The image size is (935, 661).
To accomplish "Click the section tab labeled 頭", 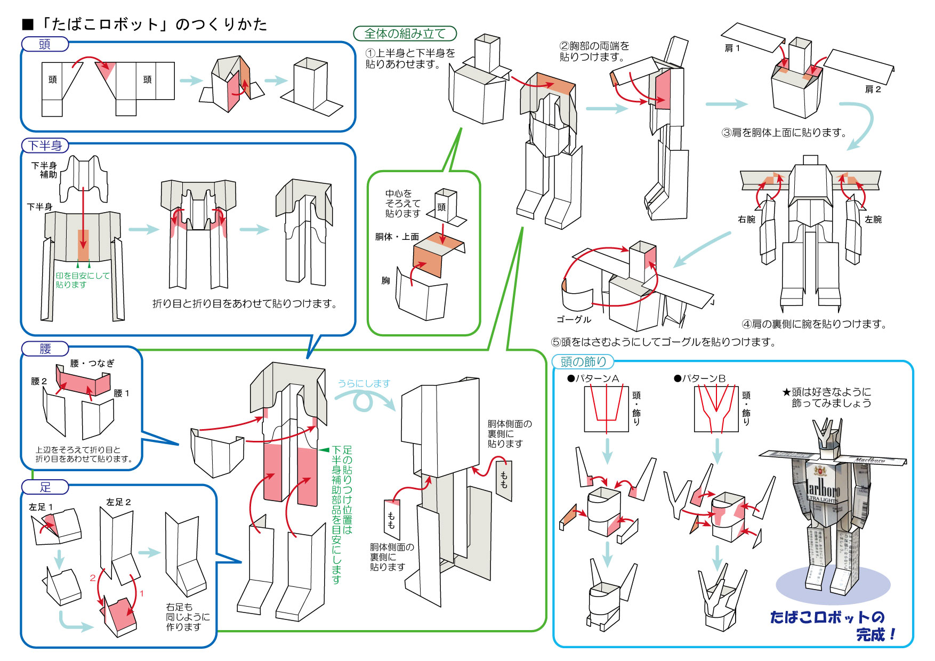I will coord(45,44).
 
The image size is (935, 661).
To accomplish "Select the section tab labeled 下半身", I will coord(45,145).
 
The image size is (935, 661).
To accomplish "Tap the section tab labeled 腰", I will coord(45,349).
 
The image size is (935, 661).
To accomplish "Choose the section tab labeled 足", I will coord(45,487).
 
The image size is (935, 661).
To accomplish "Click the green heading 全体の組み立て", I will coord(405,34).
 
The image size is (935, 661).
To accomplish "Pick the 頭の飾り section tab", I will coord(583,361).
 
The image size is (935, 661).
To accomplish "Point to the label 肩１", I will coord(732,48).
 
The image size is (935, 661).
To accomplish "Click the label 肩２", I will coord(873,89).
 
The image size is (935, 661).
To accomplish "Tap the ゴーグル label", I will coord(574,319).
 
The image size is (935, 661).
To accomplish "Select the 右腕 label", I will coord(746,219).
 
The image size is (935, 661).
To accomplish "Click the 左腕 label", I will coord(873,219).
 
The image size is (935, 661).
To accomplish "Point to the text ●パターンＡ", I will coord(593,378).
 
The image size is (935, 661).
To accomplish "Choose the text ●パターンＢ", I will coord(699,378).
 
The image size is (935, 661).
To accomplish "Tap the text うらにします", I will coord(364,383).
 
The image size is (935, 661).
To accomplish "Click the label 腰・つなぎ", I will coord(92,363).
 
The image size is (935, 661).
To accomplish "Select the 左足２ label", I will coord(118,502).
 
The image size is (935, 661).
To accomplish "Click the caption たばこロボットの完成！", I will coord(832,625).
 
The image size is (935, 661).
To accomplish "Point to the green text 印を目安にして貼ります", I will coord(82,280).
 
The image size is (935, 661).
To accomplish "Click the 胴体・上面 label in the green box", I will coord(397,237).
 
